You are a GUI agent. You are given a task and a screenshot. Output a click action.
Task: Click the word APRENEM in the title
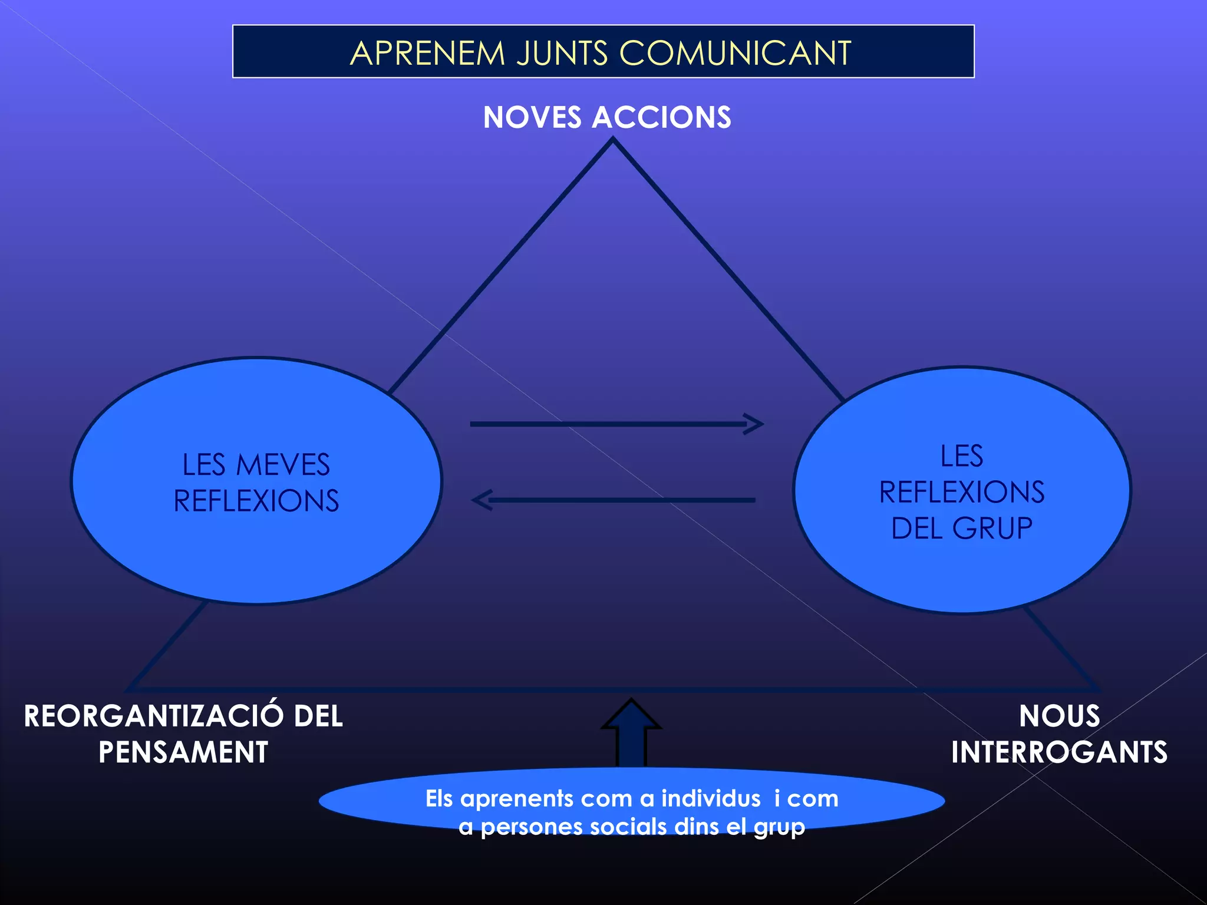427,53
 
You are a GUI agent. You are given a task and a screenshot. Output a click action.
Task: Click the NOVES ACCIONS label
607,117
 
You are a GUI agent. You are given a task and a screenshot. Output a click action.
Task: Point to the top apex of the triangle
613,140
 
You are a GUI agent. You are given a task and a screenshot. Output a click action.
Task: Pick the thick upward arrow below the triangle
631,734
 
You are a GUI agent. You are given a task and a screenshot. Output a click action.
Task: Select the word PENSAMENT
183,752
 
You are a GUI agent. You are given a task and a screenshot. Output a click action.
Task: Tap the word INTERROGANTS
1059,752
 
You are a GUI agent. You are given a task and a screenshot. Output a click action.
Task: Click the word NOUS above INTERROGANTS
1059,716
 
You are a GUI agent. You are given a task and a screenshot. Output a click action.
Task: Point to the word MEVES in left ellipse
283,465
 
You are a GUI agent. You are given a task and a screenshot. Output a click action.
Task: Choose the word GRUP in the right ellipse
992,528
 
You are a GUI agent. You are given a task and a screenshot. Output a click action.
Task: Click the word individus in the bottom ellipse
711,799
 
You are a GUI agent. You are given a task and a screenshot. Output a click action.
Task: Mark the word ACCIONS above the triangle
661,117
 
